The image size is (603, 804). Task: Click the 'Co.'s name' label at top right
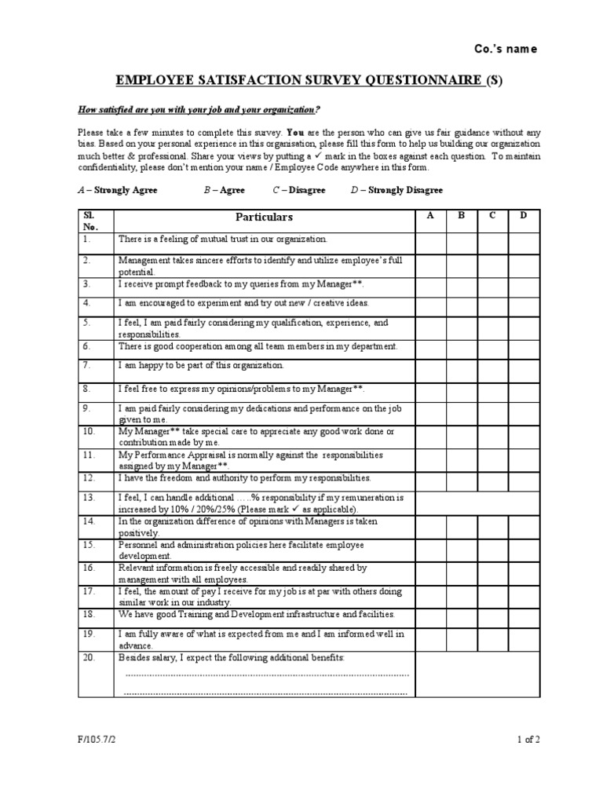click(506, 49)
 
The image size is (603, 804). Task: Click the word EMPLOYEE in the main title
click(155, 79)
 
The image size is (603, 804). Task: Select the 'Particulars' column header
click(264, 217)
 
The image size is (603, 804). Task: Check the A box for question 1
click(430, 243)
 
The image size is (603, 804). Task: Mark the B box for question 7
click(462, 371)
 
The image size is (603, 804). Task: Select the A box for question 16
click(430, 572)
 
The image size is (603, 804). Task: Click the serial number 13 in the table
click(89, 498)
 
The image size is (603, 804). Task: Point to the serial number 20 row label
click(89, 656)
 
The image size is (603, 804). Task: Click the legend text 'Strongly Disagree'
click(405, 190)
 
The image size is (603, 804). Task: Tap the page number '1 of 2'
click(528, 739)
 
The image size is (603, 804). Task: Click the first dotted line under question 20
click(267, 674)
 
